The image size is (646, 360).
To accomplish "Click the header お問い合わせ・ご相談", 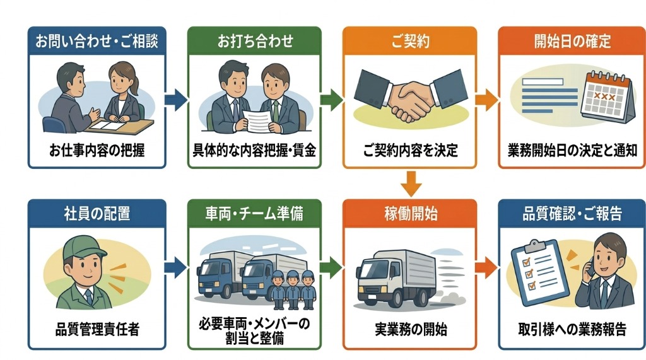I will click(97, 42).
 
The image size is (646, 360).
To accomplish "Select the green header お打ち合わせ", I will click(255, 42).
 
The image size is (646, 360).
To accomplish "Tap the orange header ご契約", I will click(409, 42).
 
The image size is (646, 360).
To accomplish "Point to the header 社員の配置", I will click(97, 214).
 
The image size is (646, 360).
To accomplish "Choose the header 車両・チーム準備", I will click(255, 214).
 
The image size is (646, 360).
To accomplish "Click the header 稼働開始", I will click(409, 214).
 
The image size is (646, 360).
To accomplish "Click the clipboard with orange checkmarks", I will click(532, 271).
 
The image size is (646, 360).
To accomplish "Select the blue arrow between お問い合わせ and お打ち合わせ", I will click(176, 99).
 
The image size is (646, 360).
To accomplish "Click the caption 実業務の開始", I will click(409, 330).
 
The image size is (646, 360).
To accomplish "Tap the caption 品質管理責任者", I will click(97, 330).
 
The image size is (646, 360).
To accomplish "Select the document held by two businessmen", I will click(259, 120).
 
